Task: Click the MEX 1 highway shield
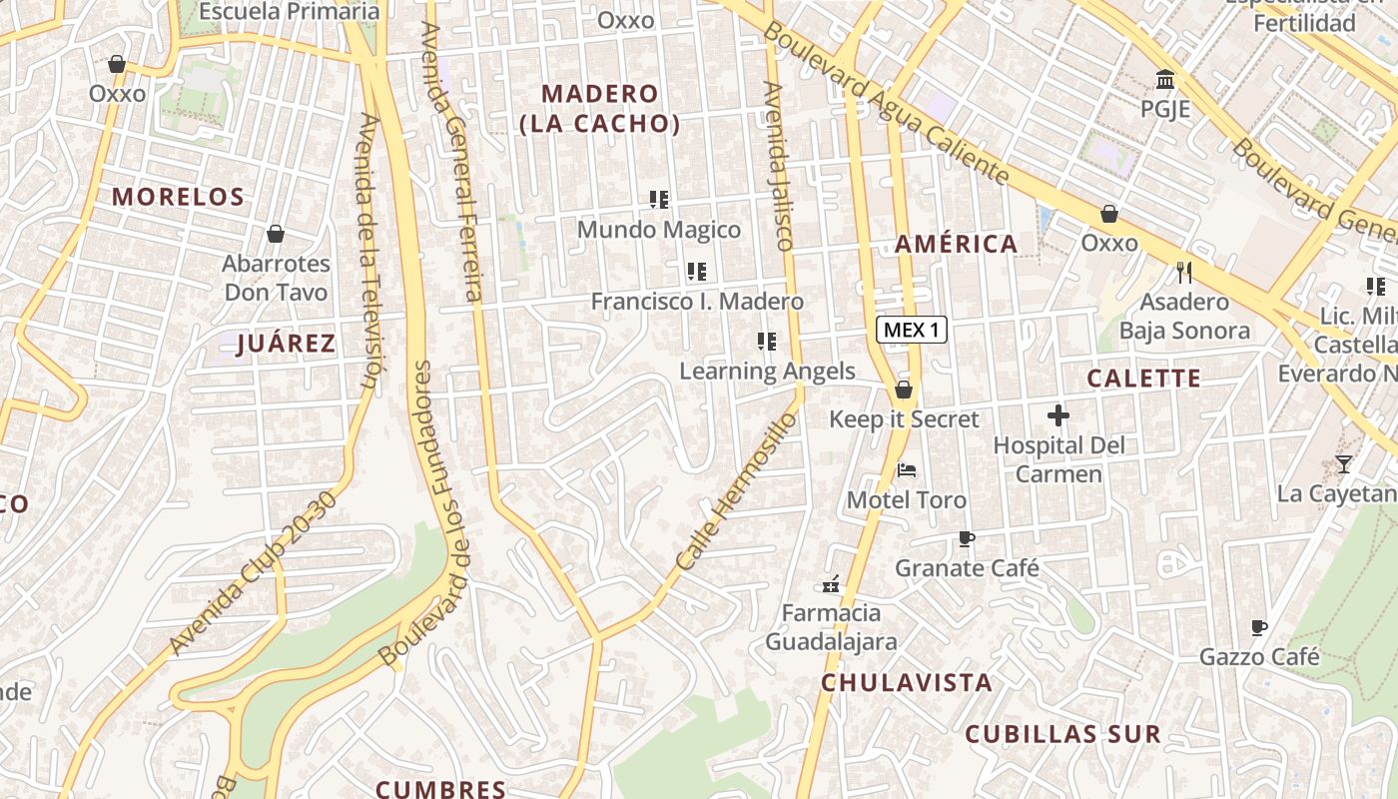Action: tap(912, 330)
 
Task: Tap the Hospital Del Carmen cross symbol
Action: tap(1058, 415)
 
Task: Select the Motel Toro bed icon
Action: tap(907, 469)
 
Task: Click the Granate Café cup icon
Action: tap(966, 538)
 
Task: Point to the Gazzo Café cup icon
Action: tap(1259, 627)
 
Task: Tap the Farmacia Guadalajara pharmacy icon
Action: tap(831, 582)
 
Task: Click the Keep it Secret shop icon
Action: tap(904, 389)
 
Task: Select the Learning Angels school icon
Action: tap(767, 342)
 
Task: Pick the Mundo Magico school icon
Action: tap(659, 200)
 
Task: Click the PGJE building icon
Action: tap(1165, 79)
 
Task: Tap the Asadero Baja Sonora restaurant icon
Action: tap(1184, 272)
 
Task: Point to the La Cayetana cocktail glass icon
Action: tap(1343, 463)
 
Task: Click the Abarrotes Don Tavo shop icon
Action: tap(276, 234)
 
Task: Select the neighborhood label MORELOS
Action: tap(178, 197)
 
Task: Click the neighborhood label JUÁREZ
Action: tap(286, 345)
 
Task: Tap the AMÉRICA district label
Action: tap(956, 244)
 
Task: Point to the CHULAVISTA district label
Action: tap(907, 683)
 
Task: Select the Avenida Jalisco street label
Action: tap(776, 165)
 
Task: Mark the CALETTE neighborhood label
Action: tap(1143, 379)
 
